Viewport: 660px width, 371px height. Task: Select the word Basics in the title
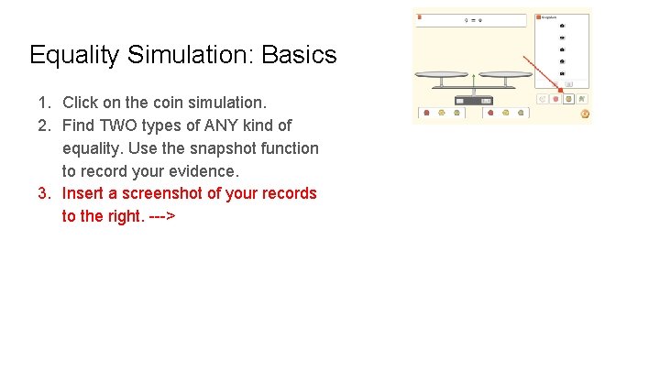pyautogui.click(x=300, y=55)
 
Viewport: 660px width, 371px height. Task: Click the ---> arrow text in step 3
pyautogui.click(x=161, y=216)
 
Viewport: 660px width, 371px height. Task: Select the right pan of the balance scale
pyautogui.click(x=504, y=76)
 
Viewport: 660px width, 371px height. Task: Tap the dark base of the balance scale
pyautogui.click(x=473, y=99)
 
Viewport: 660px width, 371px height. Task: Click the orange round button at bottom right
pyautogui.click(x=584, y=115)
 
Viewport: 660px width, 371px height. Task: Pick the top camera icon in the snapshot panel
pyautogui.click(x=562, y=26)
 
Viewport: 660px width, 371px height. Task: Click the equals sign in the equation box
pyautogui.click(x=473, y=19)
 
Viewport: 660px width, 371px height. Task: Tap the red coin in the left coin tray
pyautogui.click(x=427, y=114)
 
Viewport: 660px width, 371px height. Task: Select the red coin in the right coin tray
pyautogui.click(x=490, y=114)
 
